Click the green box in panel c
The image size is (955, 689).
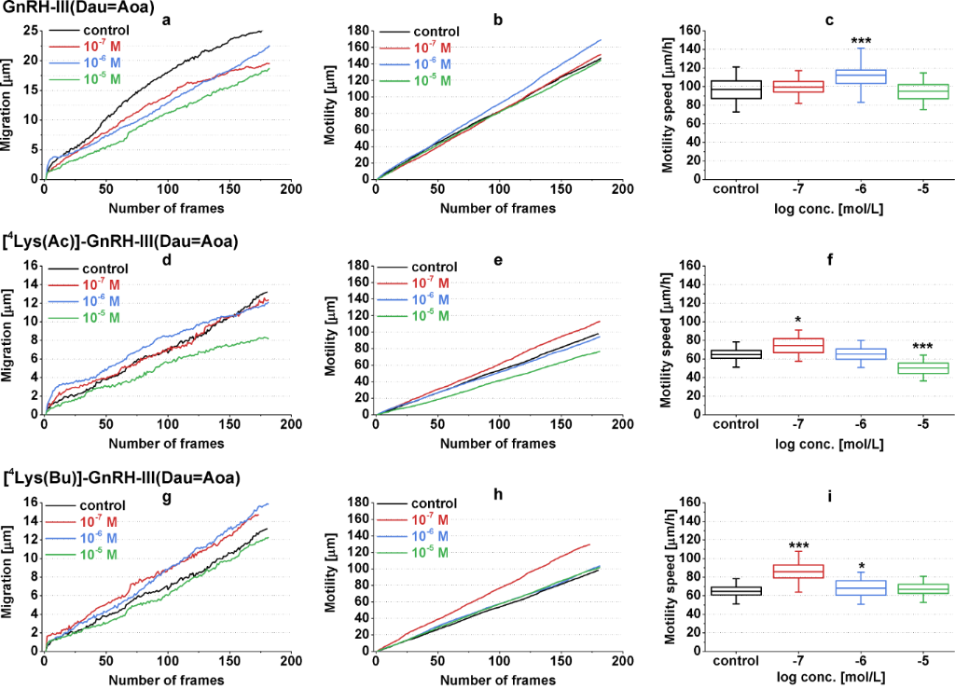click(x=876, y=91)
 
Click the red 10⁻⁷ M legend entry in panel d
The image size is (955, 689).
click(x=90, y=283)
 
